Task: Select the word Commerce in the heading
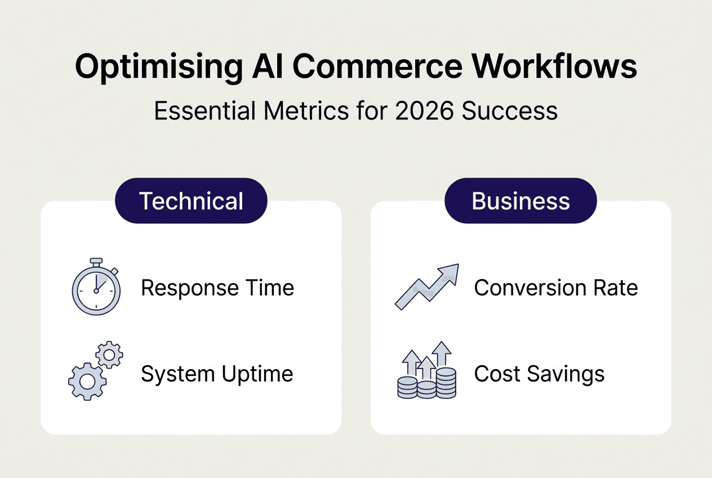377,67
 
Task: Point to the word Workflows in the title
554,67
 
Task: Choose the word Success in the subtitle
509,110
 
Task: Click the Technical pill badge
191,201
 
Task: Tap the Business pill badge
520,201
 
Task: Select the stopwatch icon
96,289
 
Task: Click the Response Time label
217,288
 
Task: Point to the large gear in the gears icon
87,382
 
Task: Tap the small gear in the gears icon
109,355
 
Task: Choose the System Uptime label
217,374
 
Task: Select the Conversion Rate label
556,288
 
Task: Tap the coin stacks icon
426,371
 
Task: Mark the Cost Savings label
539,374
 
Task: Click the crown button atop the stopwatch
96,262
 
